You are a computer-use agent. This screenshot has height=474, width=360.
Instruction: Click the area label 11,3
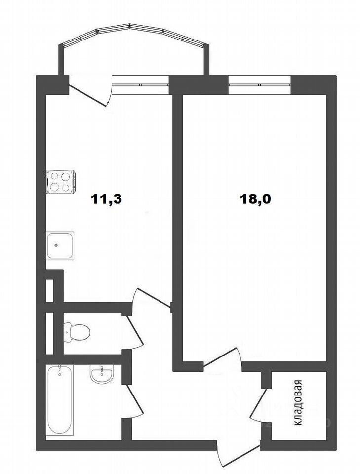(106, 199)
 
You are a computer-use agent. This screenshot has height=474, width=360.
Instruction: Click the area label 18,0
(255, 199)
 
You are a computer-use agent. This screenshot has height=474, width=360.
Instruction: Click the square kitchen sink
(60, 245)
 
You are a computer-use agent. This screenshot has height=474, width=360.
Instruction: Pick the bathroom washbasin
(102, 374)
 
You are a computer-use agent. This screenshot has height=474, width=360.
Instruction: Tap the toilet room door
(134, 332)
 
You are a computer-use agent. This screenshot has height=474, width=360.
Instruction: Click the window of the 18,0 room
(260, 80)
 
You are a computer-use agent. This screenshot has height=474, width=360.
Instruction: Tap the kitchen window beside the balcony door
(140, 80)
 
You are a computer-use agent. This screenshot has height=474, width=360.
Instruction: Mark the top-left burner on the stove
(55, 176)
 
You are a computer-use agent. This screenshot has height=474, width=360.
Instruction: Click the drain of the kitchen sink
(56, 245)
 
